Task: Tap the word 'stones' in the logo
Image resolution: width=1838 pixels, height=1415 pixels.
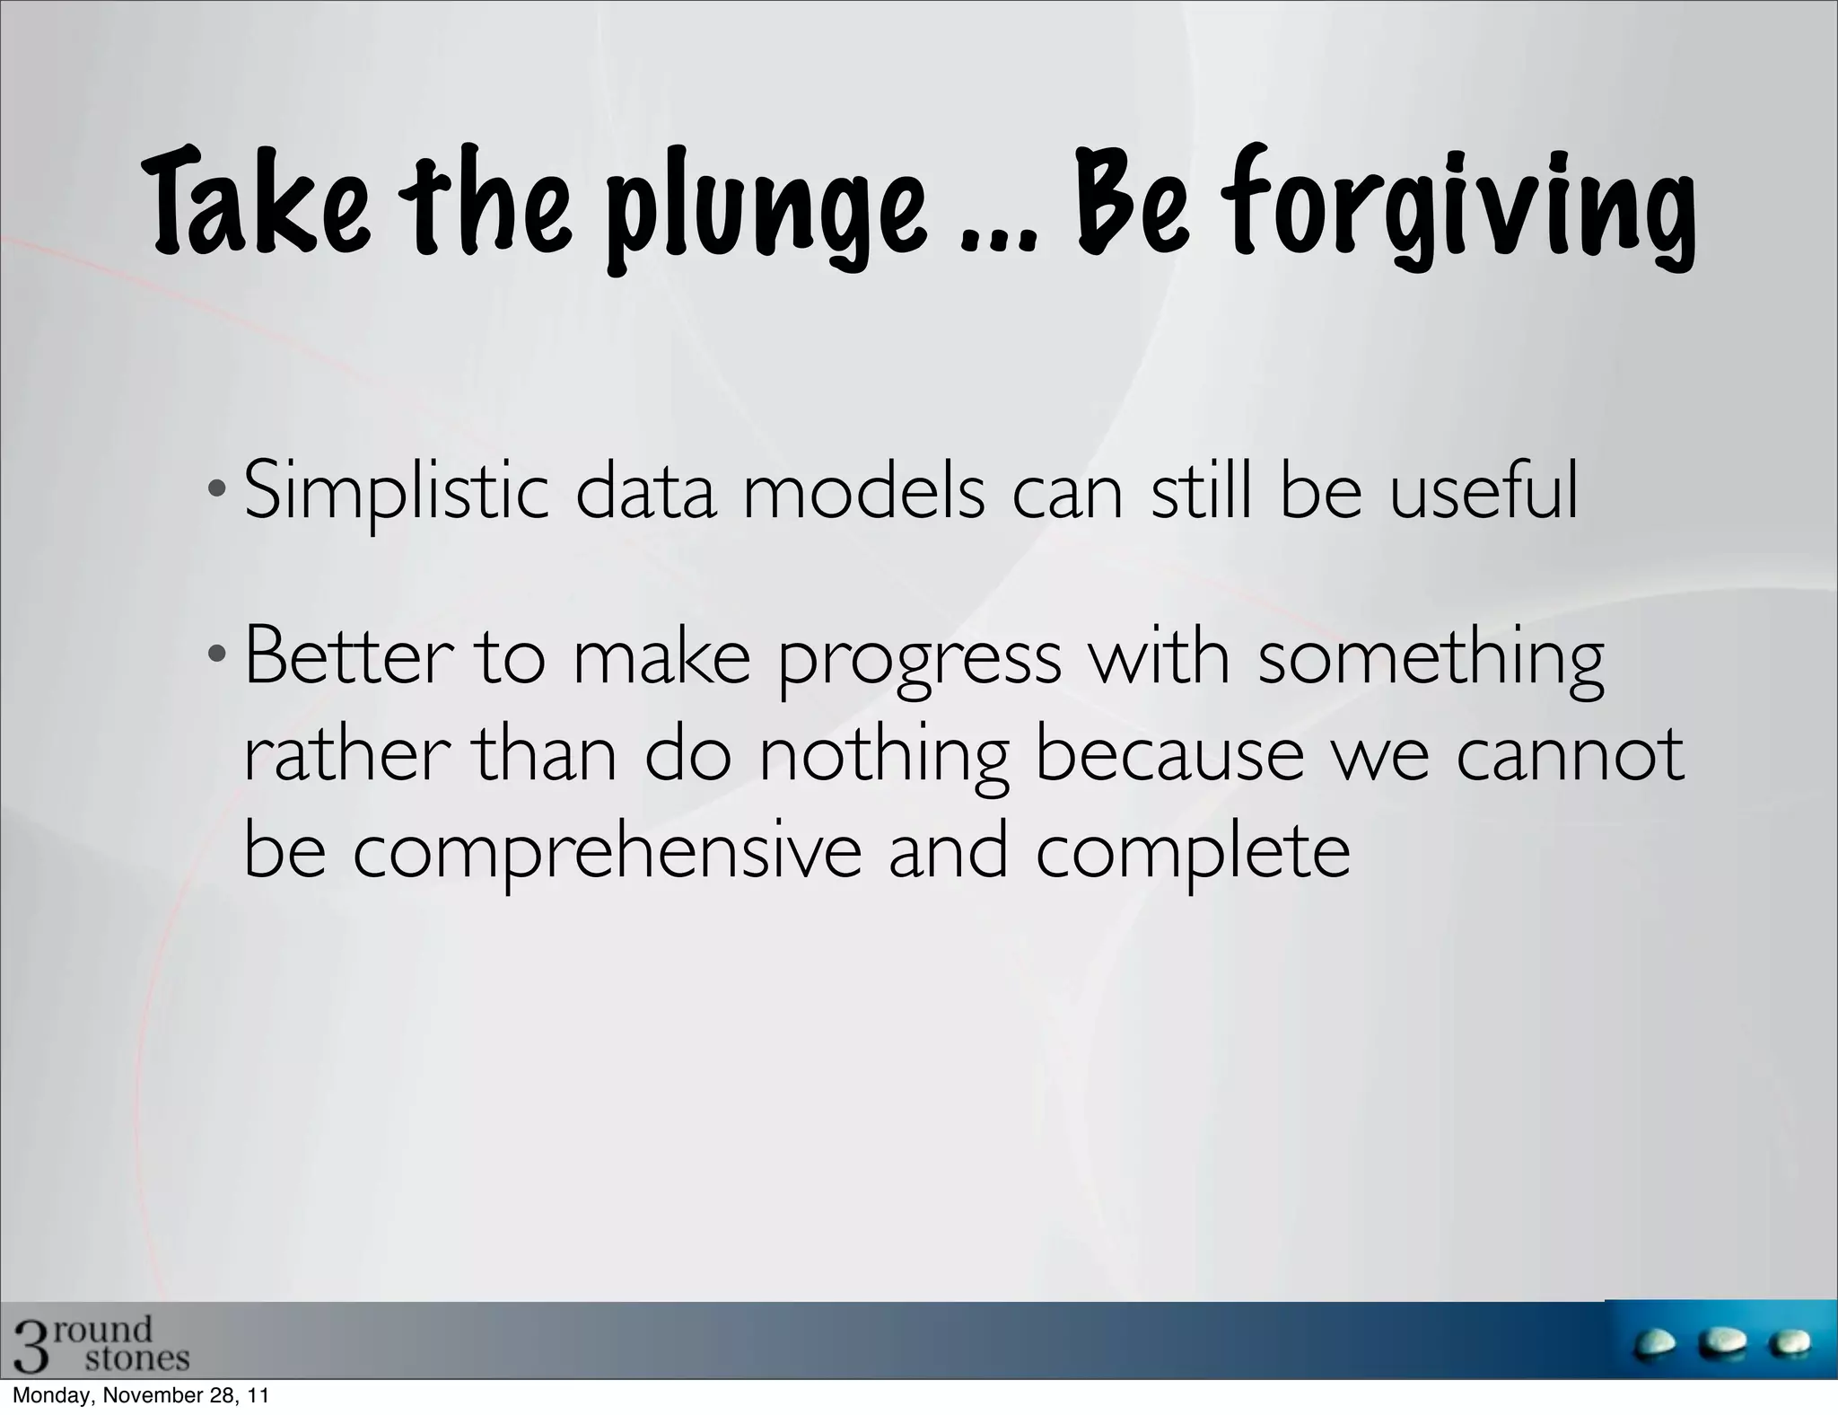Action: pyautogui.click(x=136, y=1358)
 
